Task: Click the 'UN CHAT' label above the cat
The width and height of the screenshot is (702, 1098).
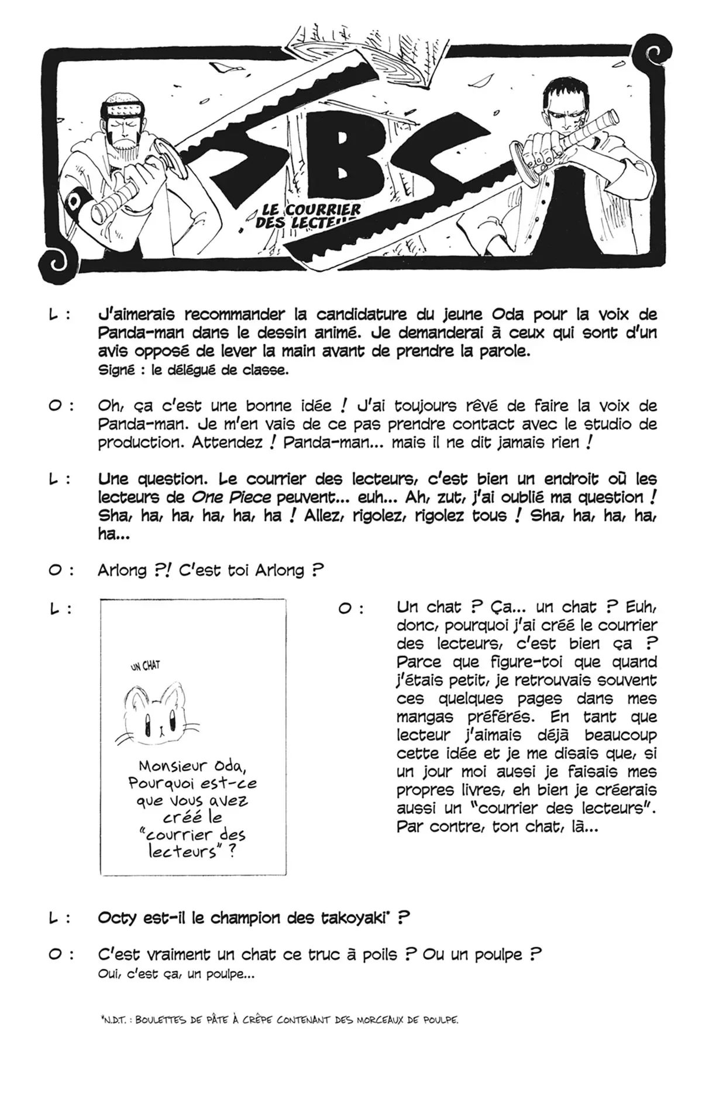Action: pos(145,666)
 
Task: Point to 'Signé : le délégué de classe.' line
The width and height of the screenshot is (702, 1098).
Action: pos(193,370)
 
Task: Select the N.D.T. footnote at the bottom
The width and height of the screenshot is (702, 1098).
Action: pos(279,1020)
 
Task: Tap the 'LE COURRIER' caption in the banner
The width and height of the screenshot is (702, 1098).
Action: pos(308,209)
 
